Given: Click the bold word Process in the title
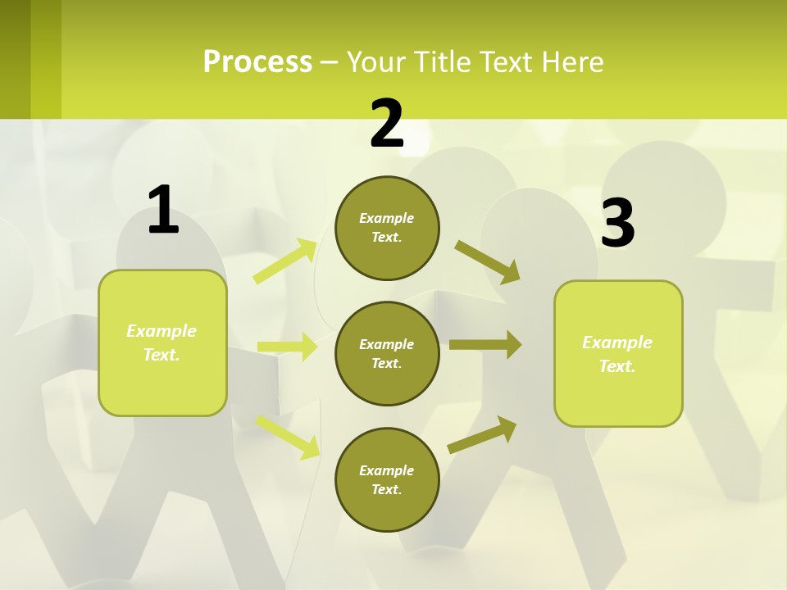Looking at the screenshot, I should pyautogui.click(x=257, y=61).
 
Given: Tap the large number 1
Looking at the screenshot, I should pyautogui.click(x=163, y=210).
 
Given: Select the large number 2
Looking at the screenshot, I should pyautogui.click(x=387, y=124).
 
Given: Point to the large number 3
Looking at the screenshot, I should pyautogui.click(x=618, y=223).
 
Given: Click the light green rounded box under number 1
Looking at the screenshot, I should pyautogui.click(x=162, y=343).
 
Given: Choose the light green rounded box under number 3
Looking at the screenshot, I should pyautogui.click(x=618, y=353).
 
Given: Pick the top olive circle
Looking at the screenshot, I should pyautogui.click(x=387, y=228).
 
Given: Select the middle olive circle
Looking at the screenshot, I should pyautogui.click(x=387, y=353).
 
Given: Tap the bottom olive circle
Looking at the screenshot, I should pyautogui.click(x=387, y=479).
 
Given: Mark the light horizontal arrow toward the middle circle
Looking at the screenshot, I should pyautogui.click(x=287, y=347).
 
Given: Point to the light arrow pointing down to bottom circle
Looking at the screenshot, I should pyautogui.click(x=287, y=436).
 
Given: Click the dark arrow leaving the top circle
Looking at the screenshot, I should pyautogui.click(x=488, y=261).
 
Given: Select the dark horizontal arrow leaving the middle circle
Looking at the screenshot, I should pyautogui.click(x=485, y=345).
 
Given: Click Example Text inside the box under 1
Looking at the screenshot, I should pyautogui.click(x=161, y=343).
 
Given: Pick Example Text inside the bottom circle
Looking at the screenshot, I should pyautogui.click(x=387, y=479).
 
